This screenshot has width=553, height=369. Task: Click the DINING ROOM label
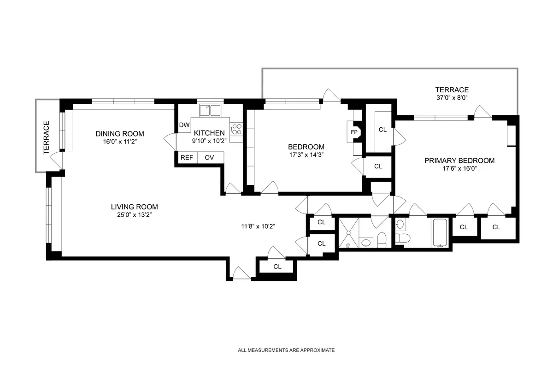(117, 134)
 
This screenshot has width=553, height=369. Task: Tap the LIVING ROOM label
(134, 207)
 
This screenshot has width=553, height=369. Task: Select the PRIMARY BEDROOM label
(459, 161)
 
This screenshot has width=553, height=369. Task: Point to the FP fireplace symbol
(354, 131)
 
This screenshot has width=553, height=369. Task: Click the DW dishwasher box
(184, 125)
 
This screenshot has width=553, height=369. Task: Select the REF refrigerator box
(187, 157)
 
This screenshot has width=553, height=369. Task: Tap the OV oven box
(210, 157)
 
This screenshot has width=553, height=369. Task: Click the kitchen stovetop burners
(236, 129)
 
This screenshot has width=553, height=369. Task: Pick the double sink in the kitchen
(210, 111)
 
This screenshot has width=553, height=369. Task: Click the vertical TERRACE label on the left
(46, 137)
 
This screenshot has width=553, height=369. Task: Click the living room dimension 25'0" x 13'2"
(134, 215)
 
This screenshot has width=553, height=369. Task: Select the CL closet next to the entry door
(277, 267)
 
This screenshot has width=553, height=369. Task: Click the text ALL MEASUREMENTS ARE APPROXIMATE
(286, 350)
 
